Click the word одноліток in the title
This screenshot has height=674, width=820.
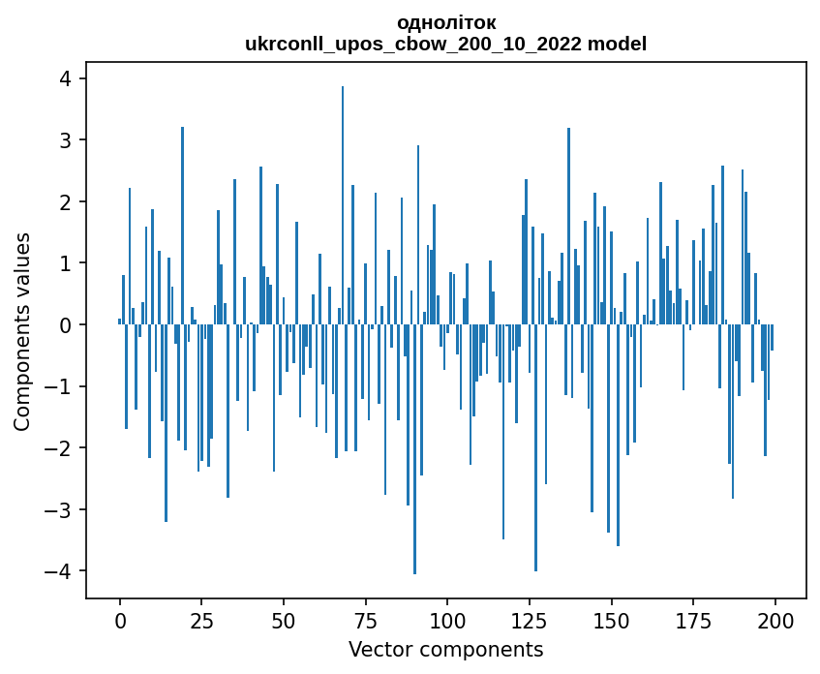pyautogui.click(x=446, y=22)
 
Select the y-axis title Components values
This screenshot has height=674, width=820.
pyautogui.click(x=22, y=331)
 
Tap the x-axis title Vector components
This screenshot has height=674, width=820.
pyautogui.click(x=445, y=649)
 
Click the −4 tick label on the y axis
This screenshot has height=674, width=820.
pyautogui.click(x=61, y=571)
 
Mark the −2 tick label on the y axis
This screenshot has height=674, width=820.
pyautogui.click(x=61, y=448)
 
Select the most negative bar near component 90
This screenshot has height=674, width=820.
pyautogui.click(x=414, y=449)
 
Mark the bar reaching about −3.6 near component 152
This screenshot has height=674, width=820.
pyautogui.click(x=618, y=435)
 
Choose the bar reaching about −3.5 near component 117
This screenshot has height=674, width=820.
pyautogui.click(x=503, y=432)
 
